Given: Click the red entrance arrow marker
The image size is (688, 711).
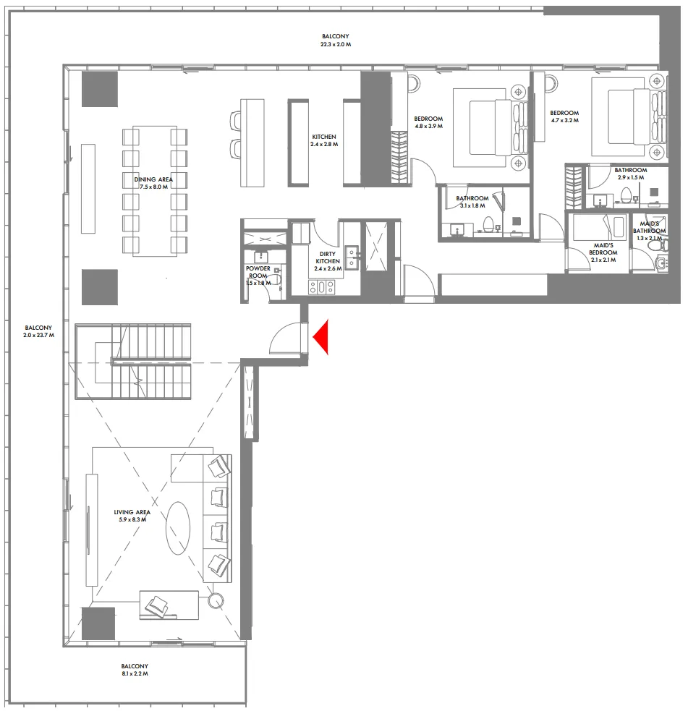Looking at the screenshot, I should [x=319, y=337].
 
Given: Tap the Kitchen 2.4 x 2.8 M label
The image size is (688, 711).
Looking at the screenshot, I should [x=324, y=140].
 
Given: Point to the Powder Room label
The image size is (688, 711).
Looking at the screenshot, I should [x=258, y=276].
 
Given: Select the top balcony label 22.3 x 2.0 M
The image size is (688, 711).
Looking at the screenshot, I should [x=336, y=41].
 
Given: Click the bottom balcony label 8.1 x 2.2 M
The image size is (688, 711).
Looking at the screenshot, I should [x=135, y=670].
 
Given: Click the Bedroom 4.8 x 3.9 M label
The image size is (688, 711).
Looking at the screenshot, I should [x=428, y=123].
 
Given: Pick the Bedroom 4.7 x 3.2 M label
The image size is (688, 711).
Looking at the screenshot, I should [x=564, y=117].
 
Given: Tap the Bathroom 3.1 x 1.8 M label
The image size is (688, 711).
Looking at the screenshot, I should [x=472, y=202].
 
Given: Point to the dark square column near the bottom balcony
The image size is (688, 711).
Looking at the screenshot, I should [x=98, y=623].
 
